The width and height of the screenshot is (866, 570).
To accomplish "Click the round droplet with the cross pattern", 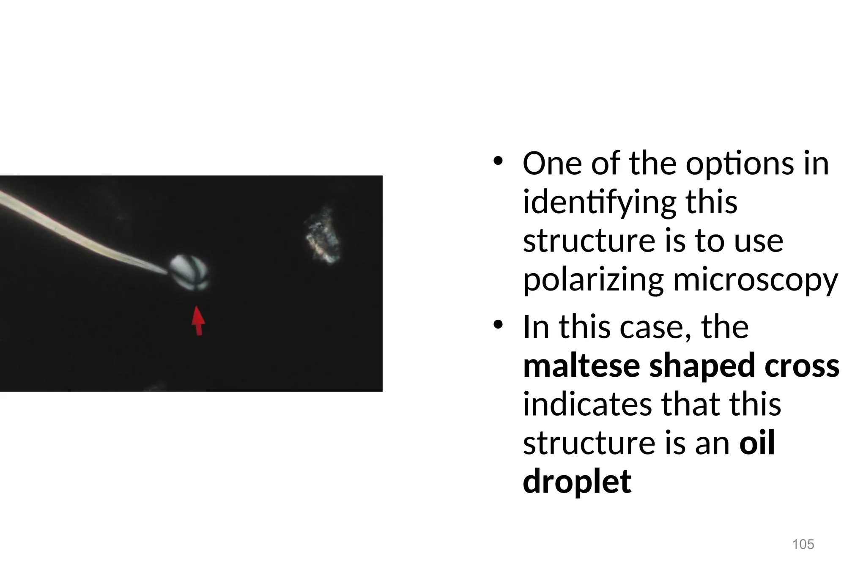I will (x=189, y=273).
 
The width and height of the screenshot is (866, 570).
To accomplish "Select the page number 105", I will (x=803, y=544).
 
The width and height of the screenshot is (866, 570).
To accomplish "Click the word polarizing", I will (x=593, y=280).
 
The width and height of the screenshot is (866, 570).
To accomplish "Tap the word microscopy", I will (x=755, y=280).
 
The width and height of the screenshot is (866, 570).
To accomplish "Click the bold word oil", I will (x=757, y=443).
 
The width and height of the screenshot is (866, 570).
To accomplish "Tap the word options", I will (x=740, y=164).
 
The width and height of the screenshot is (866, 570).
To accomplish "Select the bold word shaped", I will (x=702, y=366).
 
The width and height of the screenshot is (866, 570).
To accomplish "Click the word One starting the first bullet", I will (x=552, y=164).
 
